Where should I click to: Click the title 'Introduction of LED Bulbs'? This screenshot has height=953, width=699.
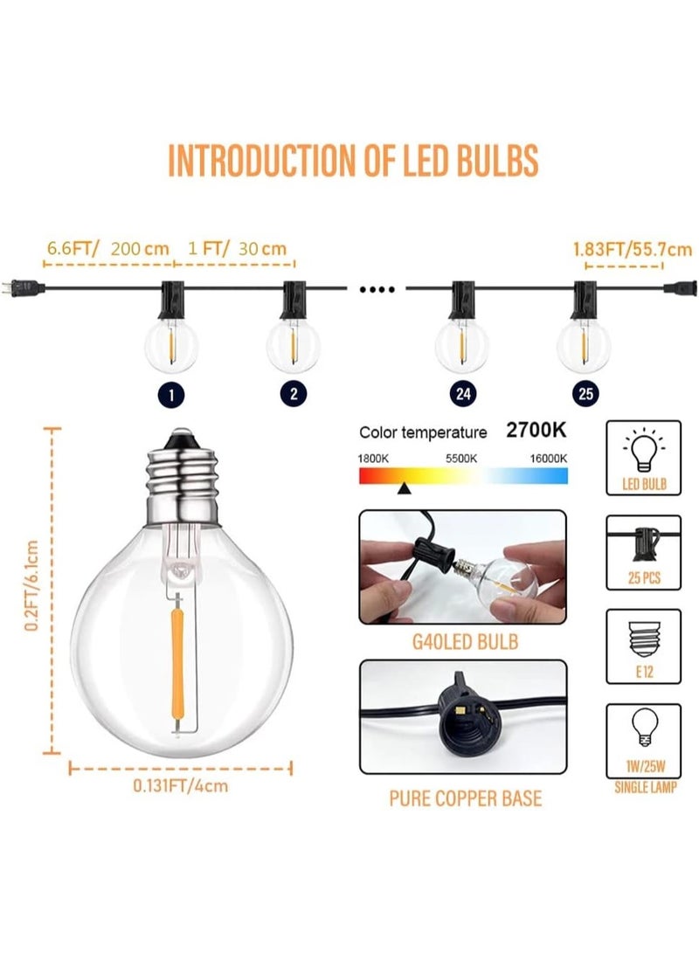pos(352,162)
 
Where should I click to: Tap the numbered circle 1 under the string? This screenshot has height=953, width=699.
pos(172,393)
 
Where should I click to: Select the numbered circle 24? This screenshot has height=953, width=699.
pos(462,393)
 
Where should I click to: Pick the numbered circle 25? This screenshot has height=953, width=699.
pos(585,393)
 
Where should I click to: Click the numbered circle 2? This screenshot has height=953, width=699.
pos(294,393)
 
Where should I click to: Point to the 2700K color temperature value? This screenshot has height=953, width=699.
pos(536,432)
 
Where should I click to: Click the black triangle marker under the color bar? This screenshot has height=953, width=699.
pos(404,490)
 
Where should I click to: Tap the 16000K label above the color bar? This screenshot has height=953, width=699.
pos(548,458)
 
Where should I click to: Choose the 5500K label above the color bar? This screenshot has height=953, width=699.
pos(461,458)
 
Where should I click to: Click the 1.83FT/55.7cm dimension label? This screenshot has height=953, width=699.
pos(619,248)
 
